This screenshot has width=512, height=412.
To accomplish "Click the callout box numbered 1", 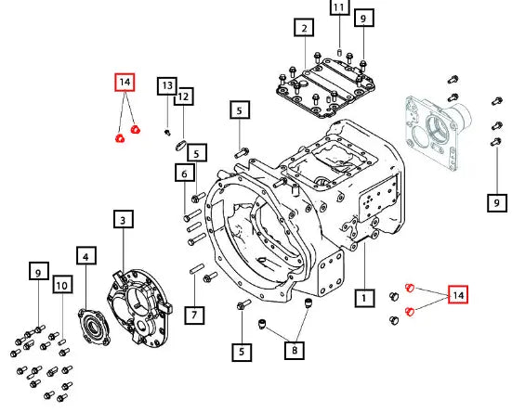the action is click(x=364, y=298).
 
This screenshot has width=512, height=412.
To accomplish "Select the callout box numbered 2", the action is click(x=304, y=28).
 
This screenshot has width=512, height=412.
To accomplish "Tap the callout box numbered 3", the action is click(x=124, y=219).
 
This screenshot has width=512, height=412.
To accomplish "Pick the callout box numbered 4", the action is click(x=86, y=255).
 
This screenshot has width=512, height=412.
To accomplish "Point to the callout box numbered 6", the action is click(x=184, y=174).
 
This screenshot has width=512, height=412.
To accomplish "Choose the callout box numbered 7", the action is click(x=194, y=315).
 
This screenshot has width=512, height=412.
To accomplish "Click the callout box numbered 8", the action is click(x=295, y=351).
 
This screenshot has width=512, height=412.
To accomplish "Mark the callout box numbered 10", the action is click(x=62, y=285).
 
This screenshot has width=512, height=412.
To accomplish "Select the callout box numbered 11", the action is click(x=340, y=7).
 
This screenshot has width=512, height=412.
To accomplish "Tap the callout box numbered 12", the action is click(x=183, y=97).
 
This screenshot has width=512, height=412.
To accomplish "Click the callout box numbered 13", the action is click(x=167, y=86).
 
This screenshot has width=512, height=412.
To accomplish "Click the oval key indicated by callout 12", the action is click(x=180, y=145).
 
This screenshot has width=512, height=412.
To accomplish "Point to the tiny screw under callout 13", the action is click(x=167, y=133).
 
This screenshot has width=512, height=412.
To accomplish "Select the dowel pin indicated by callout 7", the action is click(x=197, y=269).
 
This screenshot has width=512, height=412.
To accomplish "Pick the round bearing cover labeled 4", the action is click(x=94, y=327).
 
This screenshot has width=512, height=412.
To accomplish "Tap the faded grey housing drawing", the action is click(x=438, y=132).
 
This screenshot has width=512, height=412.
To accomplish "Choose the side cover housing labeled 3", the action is click(x=139, y=308).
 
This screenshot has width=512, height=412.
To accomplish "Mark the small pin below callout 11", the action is click(x=339, y=53).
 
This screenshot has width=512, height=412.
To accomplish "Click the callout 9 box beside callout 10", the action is click(x=38, y=271).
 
